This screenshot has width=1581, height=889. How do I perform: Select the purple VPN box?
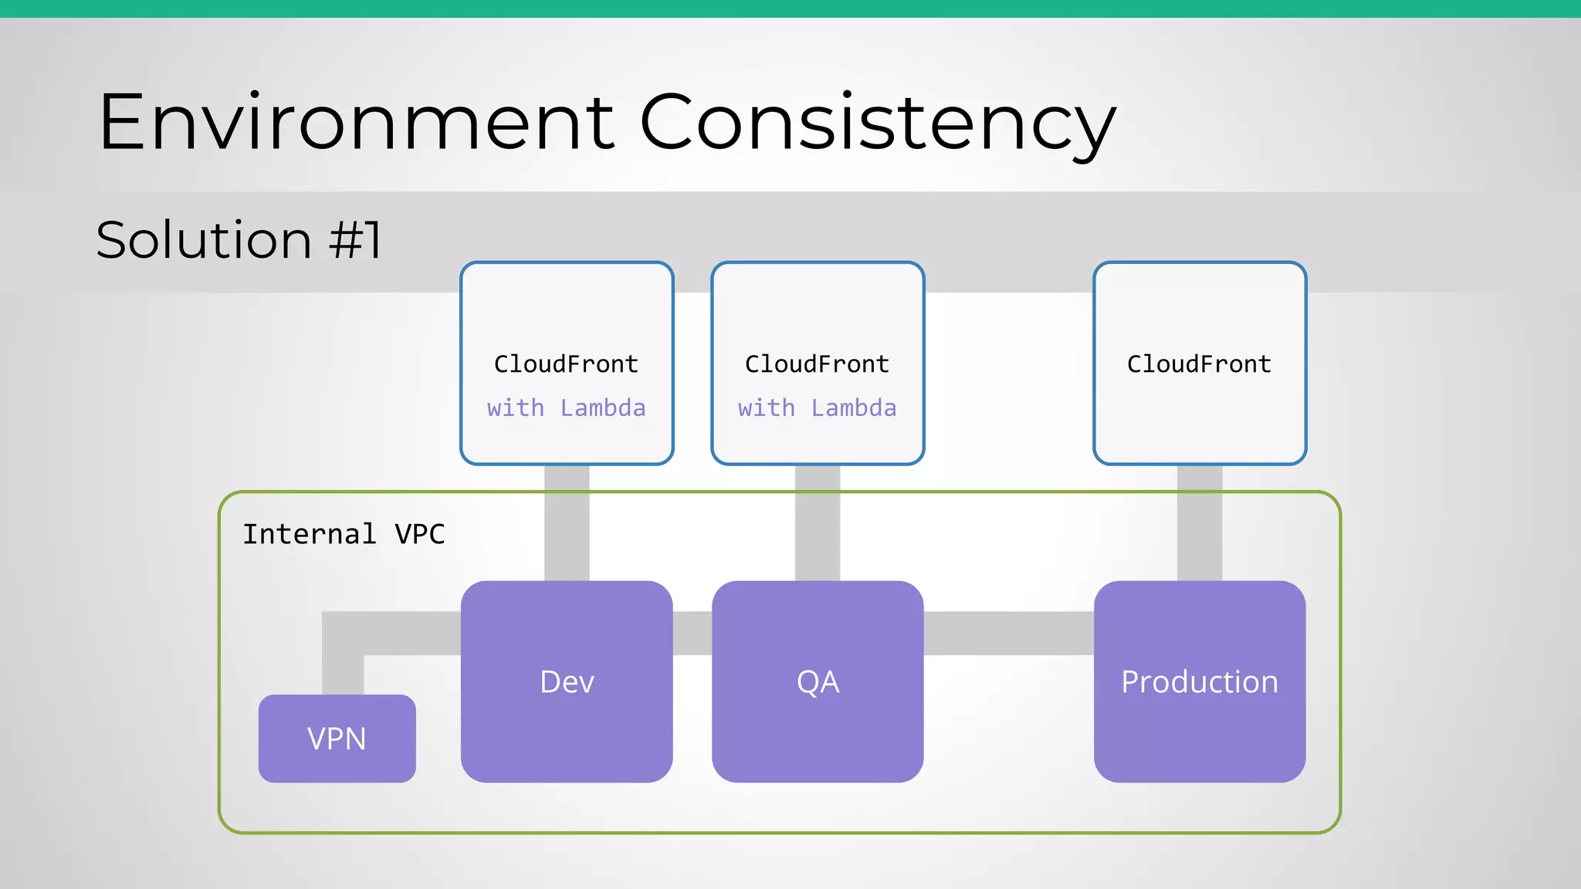tap(337, 739)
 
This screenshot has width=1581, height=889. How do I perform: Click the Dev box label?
tap(567, 682)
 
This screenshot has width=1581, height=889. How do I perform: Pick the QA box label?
tap(818, 682)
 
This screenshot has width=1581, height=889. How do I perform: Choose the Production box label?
tap(1199, 682)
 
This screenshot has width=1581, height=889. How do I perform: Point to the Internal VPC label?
tap(344, 534)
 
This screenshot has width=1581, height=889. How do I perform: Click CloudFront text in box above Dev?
tap(566, 364)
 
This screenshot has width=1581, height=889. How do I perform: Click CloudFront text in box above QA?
tap(817, 364)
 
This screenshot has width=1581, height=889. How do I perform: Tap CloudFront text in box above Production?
tap(1199, 364)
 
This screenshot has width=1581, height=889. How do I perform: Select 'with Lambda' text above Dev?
tap(566, 408)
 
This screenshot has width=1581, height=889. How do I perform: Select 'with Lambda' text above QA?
tap(817, 408)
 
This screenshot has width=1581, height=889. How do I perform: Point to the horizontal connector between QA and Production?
tap(1008, 634)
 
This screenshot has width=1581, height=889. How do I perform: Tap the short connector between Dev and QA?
tap(692, 634)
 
